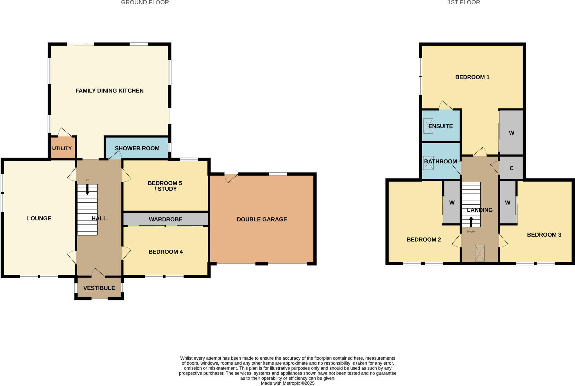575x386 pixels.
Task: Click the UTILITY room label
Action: (x=62, y=148)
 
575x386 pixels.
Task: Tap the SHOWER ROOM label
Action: (x=137, y=148)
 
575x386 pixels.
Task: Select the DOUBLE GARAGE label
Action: (x=262, y=219)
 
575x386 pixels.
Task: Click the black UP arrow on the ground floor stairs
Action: (x=87, y=189)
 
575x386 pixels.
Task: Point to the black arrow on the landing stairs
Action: (x=471, y=221)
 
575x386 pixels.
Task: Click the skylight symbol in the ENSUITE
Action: (x=428, y=126)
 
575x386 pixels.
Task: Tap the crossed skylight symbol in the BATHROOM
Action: (x=428, y=163)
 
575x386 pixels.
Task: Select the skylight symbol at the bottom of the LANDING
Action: (x=480, y=253)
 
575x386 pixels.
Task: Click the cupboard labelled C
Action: (x=511, y=168)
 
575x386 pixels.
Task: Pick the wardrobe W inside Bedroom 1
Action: (x=511, y=133)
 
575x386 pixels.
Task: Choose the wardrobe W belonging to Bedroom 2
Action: (x=452, y=203)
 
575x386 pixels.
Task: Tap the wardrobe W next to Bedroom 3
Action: (x=508, y=203)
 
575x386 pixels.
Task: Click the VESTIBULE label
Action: (x=99, y=288)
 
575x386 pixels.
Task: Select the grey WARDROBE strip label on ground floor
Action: (x=166, y=219)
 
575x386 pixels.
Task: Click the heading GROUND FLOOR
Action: (x=145, y=3)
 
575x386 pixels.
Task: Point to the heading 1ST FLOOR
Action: (x=464, y=3)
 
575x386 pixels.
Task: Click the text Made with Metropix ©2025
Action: (x=287, y=383)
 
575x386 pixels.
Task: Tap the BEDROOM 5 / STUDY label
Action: (x=165, y=186)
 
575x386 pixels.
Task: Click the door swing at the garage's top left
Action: (x=231, y=178)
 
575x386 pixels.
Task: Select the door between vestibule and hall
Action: (x=98, y=272)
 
